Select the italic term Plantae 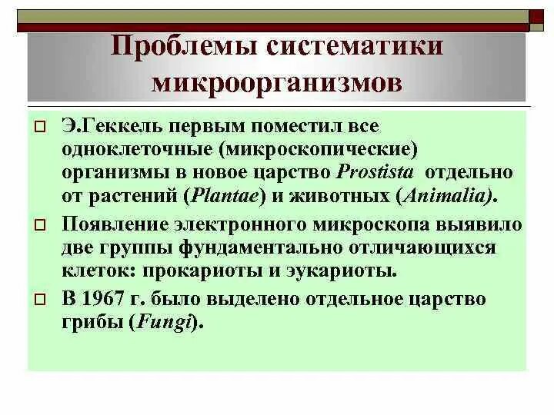[x=224, y=196]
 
